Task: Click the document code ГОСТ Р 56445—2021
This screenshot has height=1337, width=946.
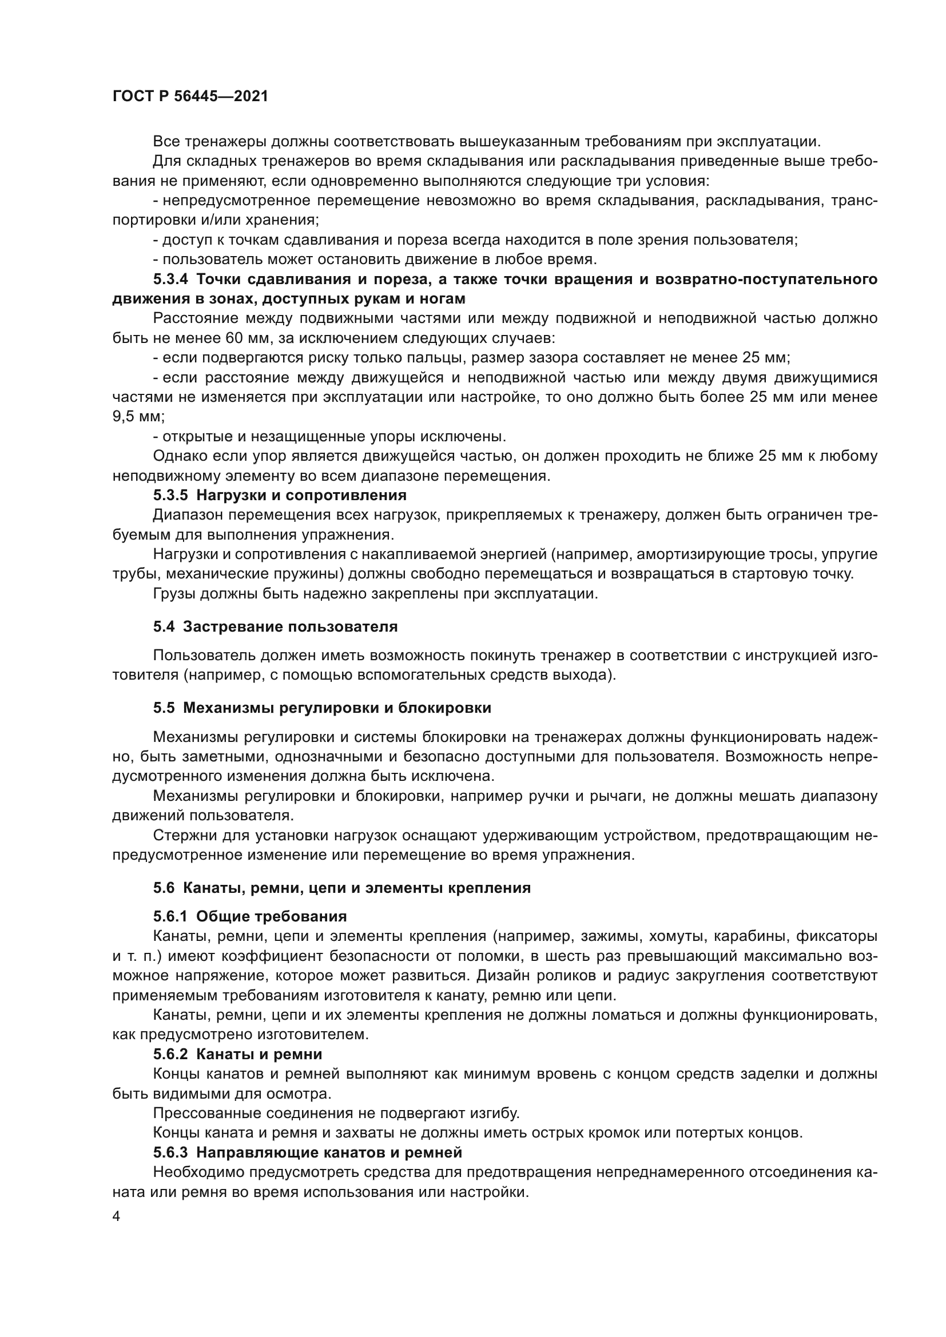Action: click(190, 97)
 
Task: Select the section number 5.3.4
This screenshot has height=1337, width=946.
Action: click(170, 279)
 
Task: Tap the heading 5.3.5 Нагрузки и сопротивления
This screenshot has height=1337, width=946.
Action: click(280, 496)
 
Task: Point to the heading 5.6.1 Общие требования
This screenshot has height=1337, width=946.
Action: click(250, 916)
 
